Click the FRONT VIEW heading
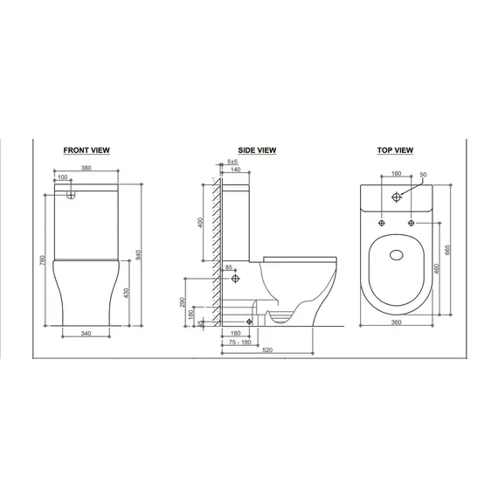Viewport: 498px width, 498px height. tap(86, 150)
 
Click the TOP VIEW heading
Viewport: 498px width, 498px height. tap(396, 150)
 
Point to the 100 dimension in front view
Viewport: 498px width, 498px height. tap(62, 178)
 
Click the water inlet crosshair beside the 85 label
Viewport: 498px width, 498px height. tap(237, 280)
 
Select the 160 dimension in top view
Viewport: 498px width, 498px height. tap(397, 173)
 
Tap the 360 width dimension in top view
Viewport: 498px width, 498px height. tap(397, 322)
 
